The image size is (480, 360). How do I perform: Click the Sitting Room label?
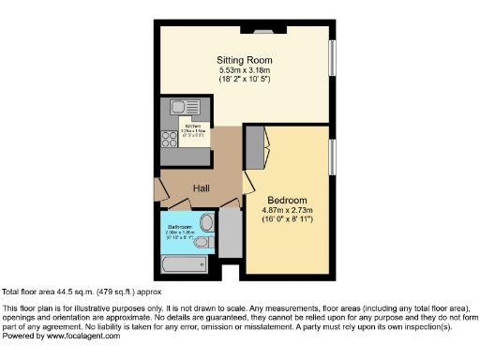pyautogui.click(x=247, y=59)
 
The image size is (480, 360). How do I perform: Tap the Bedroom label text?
pyautogui.click(x=287, y=200)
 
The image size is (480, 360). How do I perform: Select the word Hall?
pyautogui.click(x=202, y=188)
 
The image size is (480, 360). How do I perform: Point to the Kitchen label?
pyautogui.click(x=193, y=125)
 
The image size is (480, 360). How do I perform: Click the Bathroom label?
pyautogui.click(x=180, y=227)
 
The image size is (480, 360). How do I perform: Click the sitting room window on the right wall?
pyautogui.click(x=331, y=60)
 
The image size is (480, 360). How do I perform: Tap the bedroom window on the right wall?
pyautogui.click(x=331, y=155)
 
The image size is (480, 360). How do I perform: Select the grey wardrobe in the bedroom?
pyautogui.click(x=254, y=146)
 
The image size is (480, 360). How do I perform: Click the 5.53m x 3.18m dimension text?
pyautogui.click(x=247, y=69)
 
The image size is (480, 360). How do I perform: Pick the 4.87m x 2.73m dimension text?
pyautogui.click(x=287, y=210)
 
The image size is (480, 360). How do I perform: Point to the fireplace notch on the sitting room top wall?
pyautogui.click(x=260, y=30)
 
